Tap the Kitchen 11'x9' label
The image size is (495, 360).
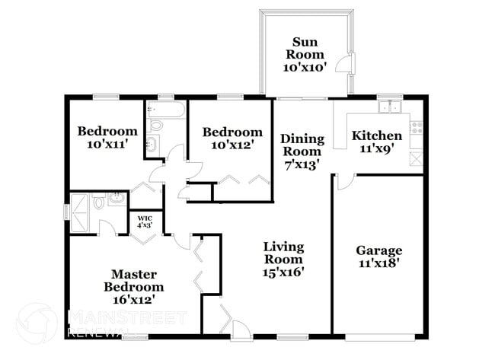click(x=376, y=142)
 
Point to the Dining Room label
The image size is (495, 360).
click(x=302, y=150)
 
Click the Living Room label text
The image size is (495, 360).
click(x=283, y=258)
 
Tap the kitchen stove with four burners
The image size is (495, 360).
click(x=416, y=128)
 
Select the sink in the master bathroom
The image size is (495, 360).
click(x=117, y=200)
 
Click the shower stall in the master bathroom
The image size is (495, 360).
click(x=78, y=205)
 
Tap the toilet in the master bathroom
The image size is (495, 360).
click(x=98, y=202)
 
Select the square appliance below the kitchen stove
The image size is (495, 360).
click(x=416, y=158)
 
